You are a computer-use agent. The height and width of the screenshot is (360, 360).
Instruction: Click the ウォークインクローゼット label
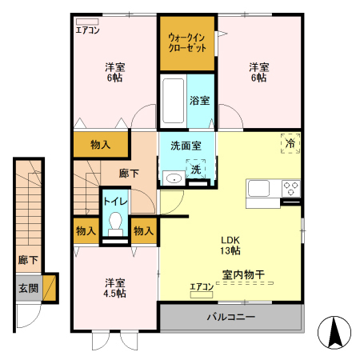pos(187,42)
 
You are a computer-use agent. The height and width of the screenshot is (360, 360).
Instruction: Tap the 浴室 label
pos(199,101)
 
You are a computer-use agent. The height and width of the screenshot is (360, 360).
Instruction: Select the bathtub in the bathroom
pos(172,100)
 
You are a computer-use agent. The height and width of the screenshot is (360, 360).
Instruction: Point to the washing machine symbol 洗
pos(195,170)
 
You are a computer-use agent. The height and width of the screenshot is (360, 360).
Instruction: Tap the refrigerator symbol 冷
pos(290,142)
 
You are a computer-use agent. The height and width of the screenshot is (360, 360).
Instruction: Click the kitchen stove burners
pos(290,190)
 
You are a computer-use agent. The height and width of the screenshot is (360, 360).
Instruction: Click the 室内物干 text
pos(244,274)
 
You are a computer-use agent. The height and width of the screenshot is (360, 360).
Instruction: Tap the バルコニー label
pos(230,318)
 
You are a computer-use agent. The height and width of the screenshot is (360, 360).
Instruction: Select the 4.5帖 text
pos(114,294)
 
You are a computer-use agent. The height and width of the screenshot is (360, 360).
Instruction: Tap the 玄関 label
pos(29,287)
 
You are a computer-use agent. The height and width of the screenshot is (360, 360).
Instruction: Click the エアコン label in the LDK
pos(201,286)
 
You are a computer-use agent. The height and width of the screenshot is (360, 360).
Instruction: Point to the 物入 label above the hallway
pos(100,145)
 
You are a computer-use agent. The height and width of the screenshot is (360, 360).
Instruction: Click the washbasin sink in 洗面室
pos(170,178)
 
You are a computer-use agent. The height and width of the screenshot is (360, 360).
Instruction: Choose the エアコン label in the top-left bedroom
pos(87,30)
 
